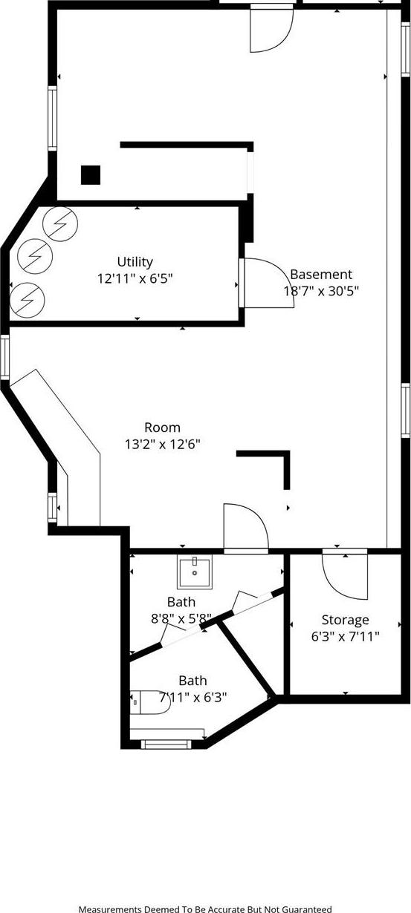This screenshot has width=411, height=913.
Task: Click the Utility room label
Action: click(x=135, y=261)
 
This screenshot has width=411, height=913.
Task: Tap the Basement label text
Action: click(x=321, y=274)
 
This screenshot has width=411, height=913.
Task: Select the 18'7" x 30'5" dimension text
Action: click(x=321, y=291)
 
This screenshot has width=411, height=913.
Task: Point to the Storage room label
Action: click(x=345, y=620)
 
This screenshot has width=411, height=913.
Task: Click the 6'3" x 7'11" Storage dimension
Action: click(x=345, y=636)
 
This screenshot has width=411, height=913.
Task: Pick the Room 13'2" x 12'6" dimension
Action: click(x=162, y=444)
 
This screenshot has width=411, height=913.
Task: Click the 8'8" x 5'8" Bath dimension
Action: click(x=181, y=618)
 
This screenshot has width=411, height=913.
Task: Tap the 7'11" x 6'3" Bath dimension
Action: click(x=192, y=697)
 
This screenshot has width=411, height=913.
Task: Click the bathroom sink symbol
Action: click(x=194, y=572)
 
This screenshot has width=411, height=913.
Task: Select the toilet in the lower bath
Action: click(x=152, y=701)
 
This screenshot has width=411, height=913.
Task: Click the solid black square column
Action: click(x=91, y=174)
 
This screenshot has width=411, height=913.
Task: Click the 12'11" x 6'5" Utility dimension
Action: click(x=135, y=278)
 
